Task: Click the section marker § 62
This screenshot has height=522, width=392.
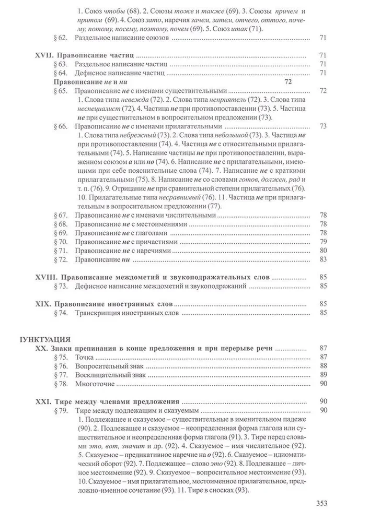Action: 61,38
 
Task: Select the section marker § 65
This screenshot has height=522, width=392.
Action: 61,91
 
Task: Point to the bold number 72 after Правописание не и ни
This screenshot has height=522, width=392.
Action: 287,82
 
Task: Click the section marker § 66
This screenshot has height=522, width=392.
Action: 61,126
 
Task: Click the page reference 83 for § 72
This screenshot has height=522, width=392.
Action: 322,259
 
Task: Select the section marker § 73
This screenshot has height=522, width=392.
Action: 61,286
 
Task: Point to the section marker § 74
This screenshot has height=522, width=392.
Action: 61,313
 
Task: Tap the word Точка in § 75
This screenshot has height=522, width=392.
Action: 85,357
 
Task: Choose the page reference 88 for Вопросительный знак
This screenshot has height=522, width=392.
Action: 322,366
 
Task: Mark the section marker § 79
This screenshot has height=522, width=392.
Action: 61,411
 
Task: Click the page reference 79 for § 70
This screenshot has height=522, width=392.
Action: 322,241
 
